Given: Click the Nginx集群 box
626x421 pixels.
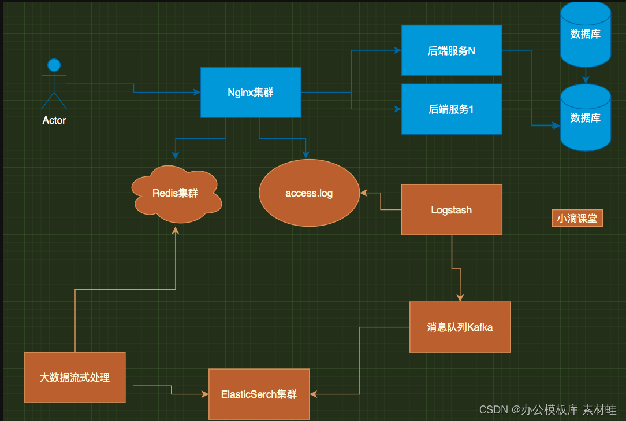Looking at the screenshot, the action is coord(251,93).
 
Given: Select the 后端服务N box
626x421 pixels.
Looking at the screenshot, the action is coord(452,50).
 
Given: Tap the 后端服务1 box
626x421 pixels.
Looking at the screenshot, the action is coord(452,109).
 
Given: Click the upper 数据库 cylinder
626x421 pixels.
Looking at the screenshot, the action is coord(586,34).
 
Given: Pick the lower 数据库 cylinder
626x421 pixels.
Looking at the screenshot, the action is coord(586,117).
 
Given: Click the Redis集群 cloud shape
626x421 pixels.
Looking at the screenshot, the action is coord(176,194).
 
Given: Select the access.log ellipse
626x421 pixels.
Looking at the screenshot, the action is coord(310,193).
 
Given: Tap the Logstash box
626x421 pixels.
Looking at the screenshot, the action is coord(452,210).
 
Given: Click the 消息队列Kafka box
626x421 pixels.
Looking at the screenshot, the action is coord(460,327).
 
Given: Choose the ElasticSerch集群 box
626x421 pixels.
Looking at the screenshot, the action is coord(259,394).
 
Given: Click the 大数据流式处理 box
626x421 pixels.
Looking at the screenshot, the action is coord(75,378).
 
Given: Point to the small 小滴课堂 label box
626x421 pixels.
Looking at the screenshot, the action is coord(577,218).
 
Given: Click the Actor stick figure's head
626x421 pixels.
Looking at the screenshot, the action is coord(54,65).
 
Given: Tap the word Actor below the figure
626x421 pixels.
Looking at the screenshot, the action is coord(54,120).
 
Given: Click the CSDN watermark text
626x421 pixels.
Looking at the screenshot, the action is coord(547,410).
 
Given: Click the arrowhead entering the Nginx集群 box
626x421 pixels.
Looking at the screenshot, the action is coord(197,93).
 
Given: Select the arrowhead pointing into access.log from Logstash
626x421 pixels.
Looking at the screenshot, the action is coord(364,193).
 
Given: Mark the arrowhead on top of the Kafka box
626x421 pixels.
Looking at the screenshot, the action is coord(460,298).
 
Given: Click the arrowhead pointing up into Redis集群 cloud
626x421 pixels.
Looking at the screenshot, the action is coord(176,230).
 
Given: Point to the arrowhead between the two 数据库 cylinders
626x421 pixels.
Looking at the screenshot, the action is coord(586,80).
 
